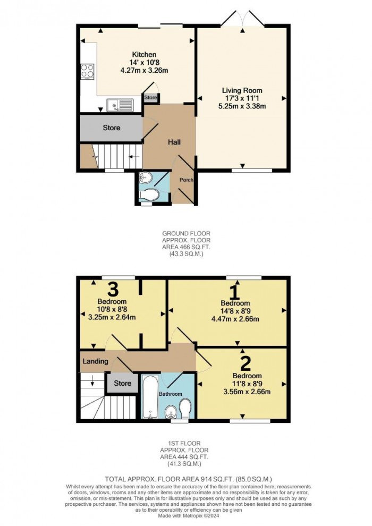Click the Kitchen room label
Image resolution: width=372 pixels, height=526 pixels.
pos(144,55)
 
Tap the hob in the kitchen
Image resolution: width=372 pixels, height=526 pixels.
pos(87,71)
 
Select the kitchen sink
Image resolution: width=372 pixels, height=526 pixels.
pos(119,106)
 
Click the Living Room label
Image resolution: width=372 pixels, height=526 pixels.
pos(242,90)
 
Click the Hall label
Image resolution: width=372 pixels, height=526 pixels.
pos(174,142)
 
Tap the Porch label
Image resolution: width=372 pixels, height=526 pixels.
pos(185,180)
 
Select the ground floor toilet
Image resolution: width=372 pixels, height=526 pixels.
pos(150,196)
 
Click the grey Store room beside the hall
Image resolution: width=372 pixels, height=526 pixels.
pos(111,128)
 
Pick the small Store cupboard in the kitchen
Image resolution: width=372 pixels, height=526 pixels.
pos(151,98)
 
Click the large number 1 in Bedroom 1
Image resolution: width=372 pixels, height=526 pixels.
pos(234,291)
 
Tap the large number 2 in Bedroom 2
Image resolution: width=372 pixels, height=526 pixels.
pos(245,364)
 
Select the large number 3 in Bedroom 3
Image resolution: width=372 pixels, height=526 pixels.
pos(112,290)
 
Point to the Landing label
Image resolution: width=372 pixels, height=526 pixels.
pos(96,361)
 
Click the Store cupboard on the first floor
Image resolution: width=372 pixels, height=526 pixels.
pos(122,383)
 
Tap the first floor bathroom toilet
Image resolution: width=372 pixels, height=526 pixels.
pos(186,409)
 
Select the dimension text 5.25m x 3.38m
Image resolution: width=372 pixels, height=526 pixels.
pos(242,106)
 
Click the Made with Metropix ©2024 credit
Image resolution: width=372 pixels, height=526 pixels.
pos(185,514)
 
